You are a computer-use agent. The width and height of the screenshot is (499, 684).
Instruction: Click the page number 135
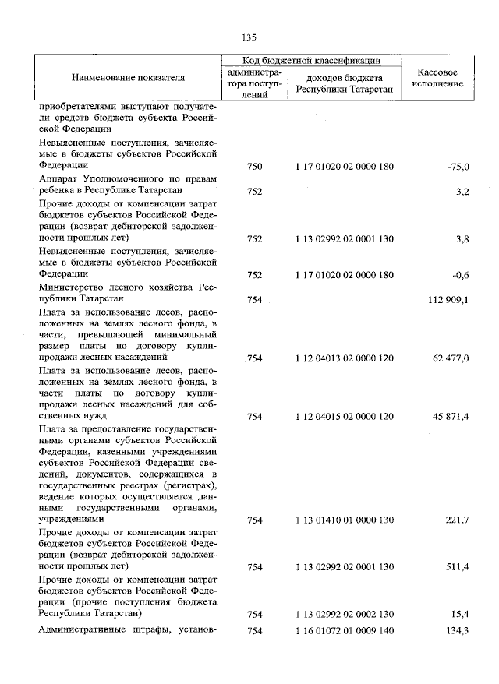click(x=249, y=37)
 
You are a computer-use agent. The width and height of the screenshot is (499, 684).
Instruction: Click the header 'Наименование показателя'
click(x=129, y=79)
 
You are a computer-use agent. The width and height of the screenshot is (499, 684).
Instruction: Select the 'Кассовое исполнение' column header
click(x=437, y=78)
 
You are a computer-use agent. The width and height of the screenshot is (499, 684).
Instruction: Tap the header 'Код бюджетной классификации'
click(x=311, y=59)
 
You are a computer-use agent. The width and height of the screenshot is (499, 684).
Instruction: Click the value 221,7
click(x=456, y=520)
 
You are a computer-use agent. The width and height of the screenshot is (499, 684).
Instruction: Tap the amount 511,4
click(x=456, y=567)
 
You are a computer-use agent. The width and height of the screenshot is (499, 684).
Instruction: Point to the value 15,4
click(x=459, y=615)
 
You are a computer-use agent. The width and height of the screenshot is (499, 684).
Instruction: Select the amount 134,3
click(x=456, y=630)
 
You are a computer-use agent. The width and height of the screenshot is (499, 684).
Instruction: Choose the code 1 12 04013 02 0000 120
click(x=345, y=358)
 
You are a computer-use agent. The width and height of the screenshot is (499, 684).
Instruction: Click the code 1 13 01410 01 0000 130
click(x=345, y=520)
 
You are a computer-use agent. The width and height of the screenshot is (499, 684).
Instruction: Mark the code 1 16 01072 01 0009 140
click(x=345, y=630)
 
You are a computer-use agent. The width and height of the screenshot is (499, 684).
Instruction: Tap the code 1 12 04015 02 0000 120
click(x=345, y=418)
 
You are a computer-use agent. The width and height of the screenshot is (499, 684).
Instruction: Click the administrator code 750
click(x=254, y=166)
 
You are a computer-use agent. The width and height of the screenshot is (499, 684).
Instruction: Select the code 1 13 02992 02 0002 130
click(x=345, y=615)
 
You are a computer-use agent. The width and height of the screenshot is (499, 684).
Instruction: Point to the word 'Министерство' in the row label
click(x=75, y=287)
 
